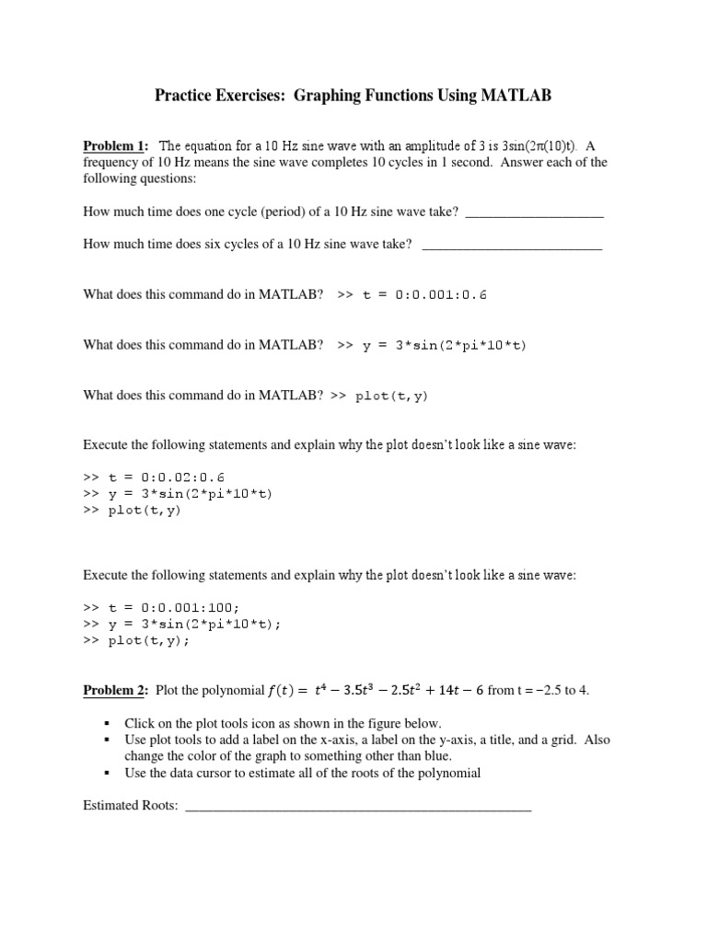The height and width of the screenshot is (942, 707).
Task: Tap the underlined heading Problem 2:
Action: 116,690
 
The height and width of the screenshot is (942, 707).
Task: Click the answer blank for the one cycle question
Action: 534,212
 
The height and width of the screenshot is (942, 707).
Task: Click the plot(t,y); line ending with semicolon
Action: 150,641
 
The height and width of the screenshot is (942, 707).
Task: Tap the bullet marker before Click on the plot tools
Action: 108,723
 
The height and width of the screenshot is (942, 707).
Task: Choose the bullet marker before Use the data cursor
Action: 108,773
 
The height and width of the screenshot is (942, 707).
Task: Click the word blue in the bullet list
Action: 437,756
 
